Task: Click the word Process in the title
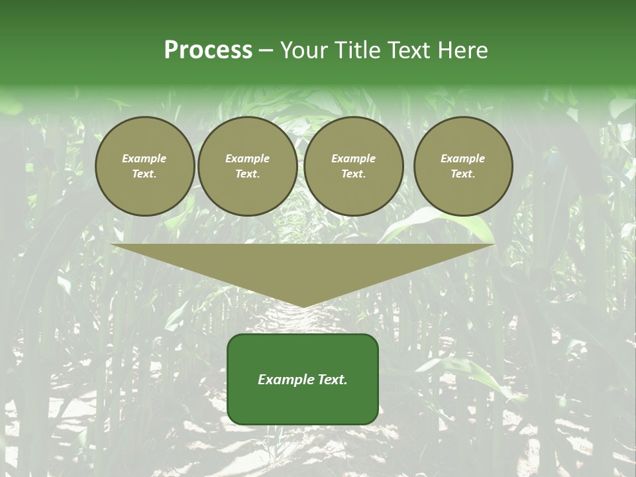click(208, 50)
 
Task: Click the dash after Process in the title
click(266, 52)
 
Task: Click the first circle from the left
click(144, 166)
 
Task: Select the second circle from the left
click(247, 166)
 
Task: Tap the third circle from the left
click(353, 166)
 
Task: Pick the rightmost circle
click(462, 166)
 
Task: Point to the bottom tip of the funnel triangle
click(303, 306)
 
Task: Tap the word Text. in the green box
click(332, 380)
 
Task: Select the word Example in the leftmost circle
click(144, 158)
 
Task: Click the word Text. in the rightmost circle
click(462, 174)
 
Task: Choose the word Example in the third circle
click(353, 158)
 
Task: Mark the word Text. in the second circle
click(247, 174)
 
